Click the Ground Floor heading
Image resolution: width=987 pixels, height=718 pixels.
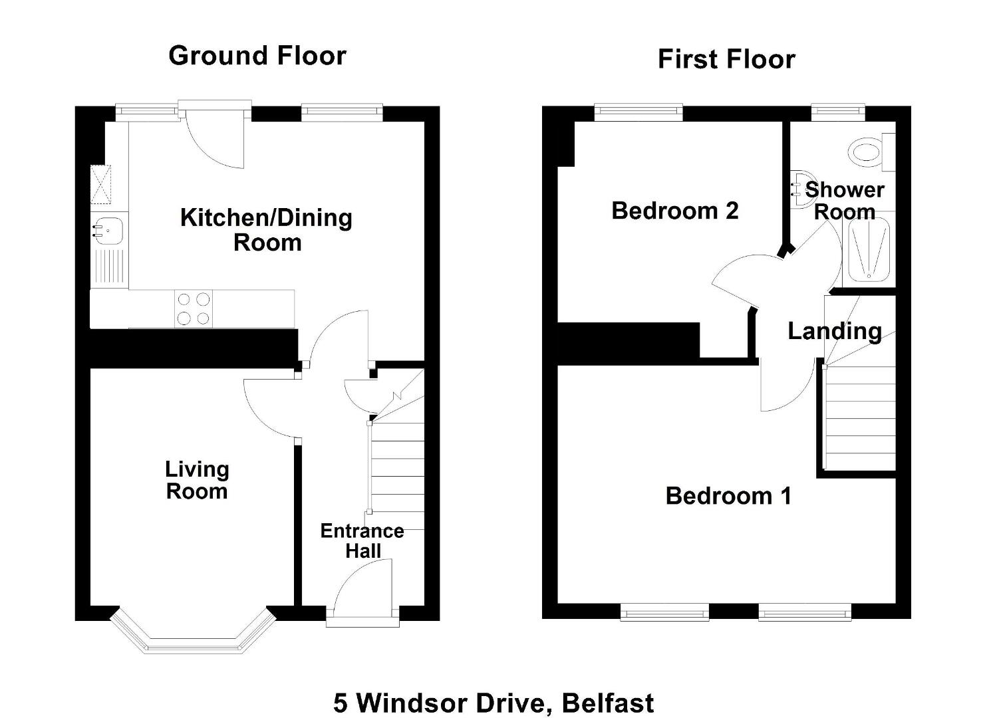tap(257, 57)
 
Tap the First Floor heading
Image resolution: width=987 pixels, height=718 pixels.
tap(726, 59)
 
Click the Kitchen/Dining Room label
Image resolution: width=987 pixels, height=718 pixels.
tap(267, 230)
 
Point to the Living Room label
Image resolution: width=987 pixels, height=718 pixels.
tap(197, 481)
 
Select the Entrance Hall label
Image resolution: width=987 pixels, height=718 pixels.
tap(362, 541)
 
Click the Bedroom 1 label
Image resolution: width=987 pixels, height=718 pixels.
tap(728, 497)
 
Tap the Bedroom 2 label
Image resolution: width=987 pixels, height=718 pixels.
tap(674, 211)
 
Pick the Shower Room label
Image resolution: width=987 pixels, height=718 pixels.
tap(844, 201)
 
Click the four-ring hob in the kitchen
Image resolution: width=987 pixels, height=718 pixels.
tap(194, 308)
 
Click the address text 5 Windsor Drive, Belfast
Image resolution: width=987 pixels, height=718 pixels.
tap(493, 703)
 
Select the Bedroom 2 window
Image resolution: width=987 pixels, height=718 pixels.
tap(638, 112)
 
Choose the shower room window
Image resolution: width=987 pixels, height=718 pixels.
tap(838, 112)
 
